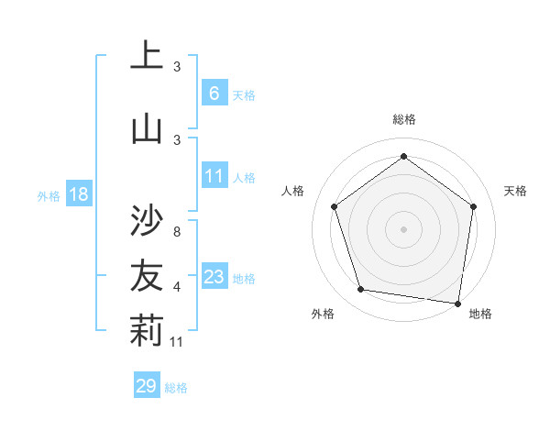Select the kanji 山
147,128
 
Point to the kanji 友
147,274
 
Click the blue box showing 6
214,94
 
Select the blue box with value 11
214,177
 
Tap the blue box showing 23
214,278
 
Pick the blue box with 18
79,194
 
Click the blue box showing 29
146,386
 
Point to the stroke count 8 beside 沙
176,231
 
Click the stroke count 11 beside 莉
177,342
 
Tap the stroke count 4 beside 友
176,287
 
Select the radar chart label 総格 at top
404,119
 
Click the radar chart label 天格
515,191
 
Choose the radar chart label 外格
323,314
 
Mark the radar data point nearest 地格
457,303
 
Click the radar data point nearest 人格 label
335,206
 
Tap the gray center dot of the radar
404,228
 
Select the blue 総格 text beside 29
176,388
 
